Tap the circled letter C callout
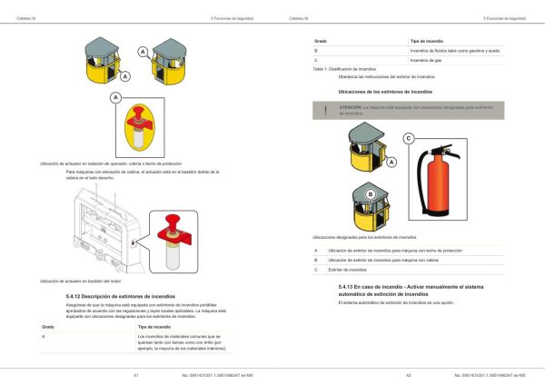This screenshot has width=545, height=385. click(408, 138)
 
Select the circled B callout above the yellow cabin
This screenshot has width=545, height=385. click(370, 193)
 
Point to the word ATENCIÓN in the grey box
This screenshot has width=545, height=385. click(351, 106)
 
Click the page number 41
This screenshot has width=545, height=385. click(135, 374)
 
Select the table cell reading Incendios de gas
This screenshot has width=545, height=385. click(425, 60)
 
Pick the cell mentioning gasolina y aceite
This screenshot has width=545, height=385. click(454, 51)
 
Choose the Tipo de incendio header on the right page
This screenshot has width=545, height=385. click(426, 42)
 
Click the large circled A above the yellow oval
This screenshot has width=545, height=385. click(117, 95)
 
